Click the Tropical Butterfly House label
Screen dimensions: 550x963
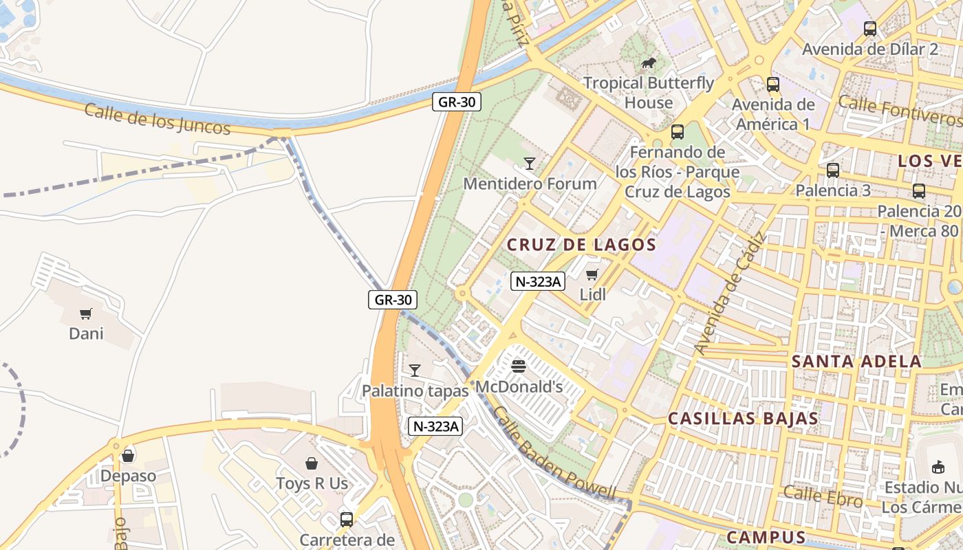pos(649,93)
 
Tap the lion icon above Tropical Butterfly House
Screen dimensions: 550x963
pos(648,64)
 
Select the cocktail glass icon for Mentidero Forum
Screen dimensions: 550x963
pos(530,163)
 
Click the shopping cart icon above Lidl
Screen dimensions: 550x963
pos(592,275)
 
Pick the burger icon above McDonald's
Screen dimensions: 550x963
pos(519,366)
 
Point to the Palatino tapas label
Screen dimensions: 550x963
pos(415,390)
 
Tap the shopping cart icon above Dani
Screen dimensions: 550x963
pos(86,314)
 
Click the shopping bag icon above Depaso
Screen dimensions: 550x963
pos(128,456)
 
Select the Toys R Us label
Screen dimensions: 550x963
pos(312,483)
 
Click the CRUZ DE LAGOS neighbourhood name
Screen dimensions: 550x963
pos(581,245)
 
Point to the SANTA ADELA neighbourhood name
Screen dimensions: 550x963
pos(856,362)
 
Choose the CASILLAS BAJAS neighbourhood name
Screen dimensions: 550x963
pos(743,419)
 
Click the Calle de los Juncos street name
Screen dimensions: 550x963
pos(157,119)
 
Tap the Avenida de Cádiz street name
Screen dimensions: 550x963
pos(731,294)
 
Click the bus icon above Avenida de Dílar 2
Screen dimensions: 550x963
pos(870,29)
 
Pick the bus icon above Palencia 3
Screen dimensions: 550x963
pos(833,170)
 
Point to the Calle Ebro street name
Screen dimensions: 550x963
pos(823,496)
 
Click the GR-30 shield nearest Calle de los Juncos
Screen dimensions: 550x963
pos(457,102)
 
